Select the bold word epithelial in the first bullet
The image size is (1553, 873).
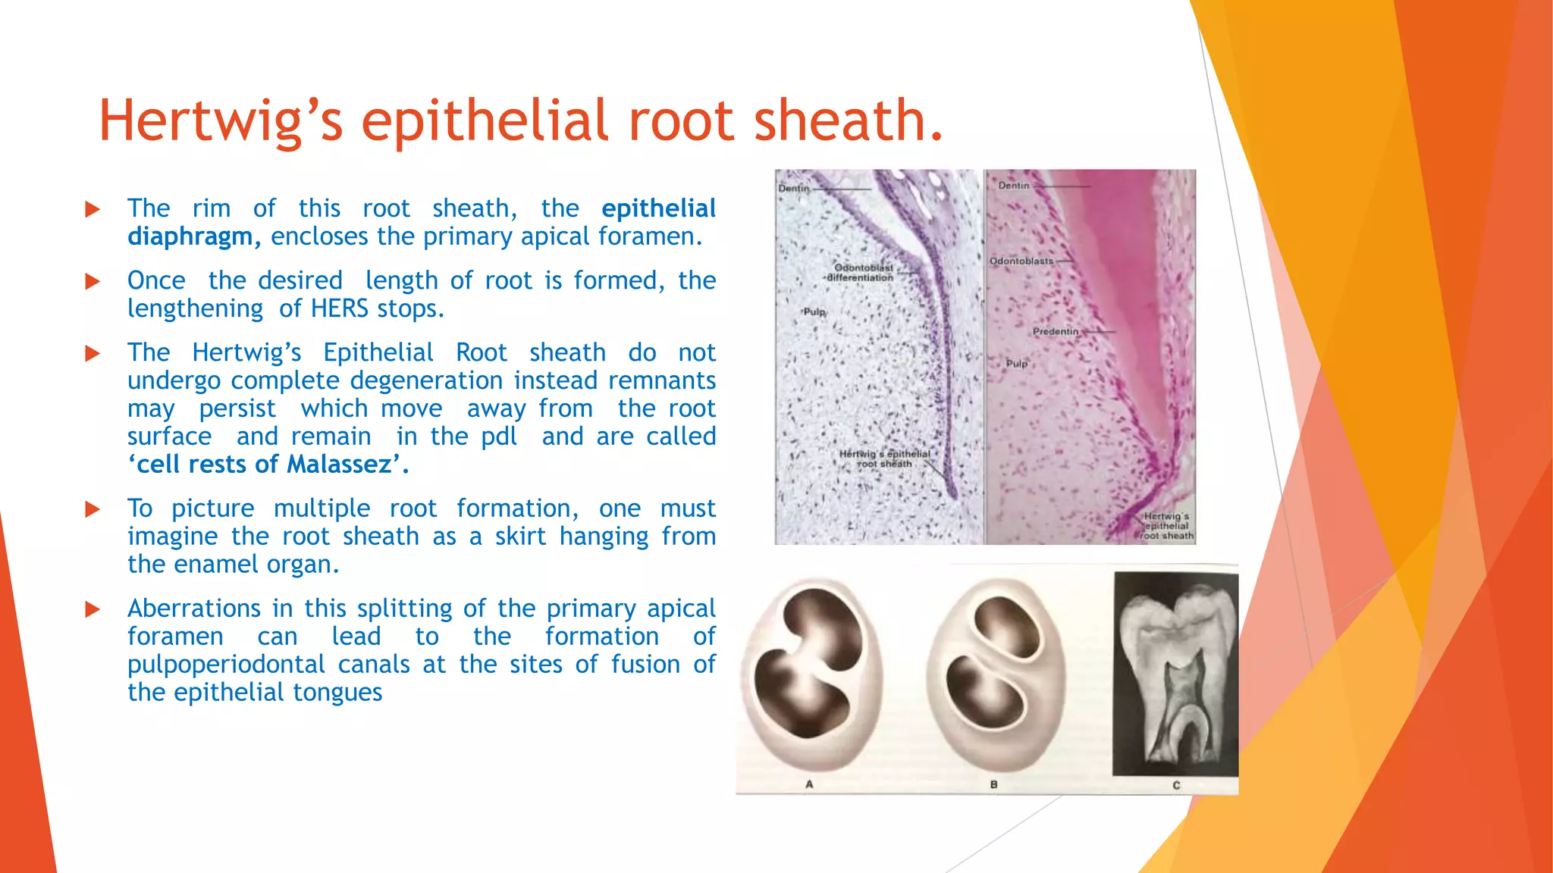tap(658, 208)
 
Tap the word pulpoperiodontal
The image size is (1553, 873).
tap(226, 664)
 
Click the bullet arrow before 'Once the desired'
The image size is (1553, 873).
tap(93, 281)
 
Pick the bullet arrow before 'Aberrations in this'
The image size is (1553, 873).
tap(93, 609)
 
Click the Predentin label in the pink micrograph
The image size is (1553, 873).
tap(1055, 332)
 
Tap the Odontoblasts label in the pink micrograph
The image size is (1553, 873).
tap(1021, 261)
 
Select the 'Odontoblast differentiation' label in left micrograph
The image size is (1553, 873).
tap(861, 273)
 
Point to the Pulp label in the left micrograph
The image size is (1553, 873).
tap(814, 311)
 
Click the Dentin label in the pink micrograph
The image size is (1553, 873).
tap(1013, 186)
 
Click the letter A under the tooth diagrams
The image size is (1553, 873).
tap(809, 784)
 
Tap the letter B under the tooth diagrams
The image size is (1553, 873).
tap(993, 784)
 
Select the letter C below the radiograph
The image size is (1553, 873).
tap(1176, 785)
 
